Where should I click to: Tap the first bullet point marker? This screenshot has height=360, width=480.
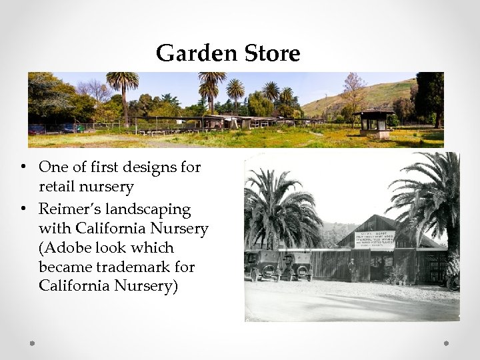coord(23,167)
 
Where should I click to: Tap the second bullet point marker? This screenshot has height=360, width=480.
coord(23,210)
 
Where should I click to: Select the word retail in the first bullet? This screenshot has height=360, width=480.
coord(59,187)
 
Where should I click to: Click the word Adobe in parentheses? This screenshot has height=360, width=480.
coord(67,248)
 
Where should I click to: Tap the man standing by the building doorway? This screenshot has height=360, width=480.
coord(351,270)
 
